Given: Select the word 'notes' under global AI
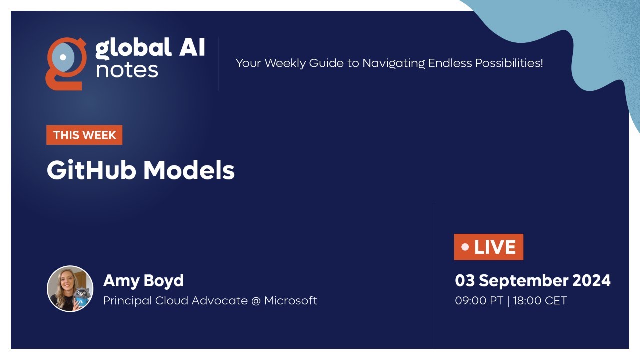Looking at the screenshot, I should pyautogui.click(x=127, y=70).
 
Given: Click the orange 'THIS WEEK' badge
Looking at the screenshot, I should pyautogui.click(x=84, y=135).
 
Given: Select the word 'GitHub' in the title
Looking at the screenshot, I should pyautogui.click(x=91, y=170).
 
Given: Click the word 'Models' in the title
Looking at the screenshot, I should pyautogui.click(x=189, y=170).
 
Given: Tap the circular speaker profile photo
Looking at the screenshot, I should pyautogui.click(x=70, y=289).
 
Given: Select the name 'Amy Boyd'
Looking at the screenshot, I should pyautogui.click(x=143, y=280).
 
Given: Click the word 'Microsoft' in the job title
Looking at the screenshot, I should pyautogui.click(x=291, y=301).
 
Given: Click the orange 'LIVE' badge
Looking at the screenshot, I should pyautogui.click(x=488, y=247).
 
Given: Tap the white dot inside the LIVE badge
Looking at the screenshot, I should pyautogui.click(x=465, y=247).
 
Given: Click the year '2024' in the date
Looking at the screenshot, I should pyautogui.click(x=591, y=280).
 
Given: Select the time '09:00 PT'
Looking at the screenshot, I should pyautogui.click(x=478, y=301).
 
